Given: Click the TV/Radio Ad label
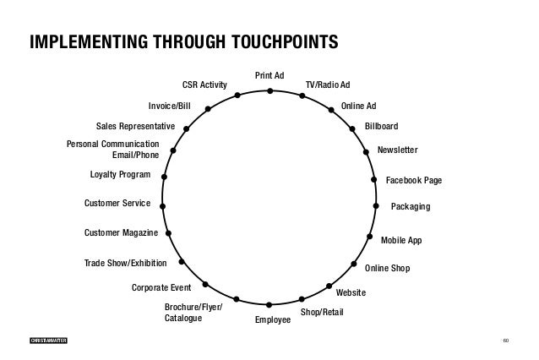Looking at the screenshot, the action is (328, 85).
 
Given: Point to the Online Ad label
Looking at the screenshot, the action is (358, 106).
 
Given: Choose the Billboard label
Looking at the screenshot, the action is (381, 126).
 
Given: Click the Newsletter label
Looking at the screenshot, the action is (397, 149).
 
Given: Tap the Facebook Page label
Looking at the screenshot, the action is (414, 181).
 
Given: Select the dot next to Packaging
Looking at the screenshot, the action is (376, 205).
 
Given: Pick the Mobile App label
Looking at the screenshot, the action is (400, 241).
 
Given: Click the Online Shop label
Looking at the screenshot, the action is (387, 268).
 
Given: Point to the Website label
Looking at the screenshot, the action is (351, 292).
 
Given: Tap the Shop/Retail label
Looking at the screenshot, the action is (323, 313).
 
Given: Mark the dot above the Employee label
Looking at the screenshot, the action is (268, 304).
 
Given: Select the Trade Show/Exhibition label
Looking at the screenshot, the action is (126, 264).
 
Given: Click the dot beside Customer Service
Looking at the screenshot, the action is (161, 205).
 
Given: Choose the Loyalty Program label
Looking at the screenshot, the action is (120, 175).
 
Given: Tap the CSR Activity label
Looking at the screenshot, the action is (204, 85).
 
